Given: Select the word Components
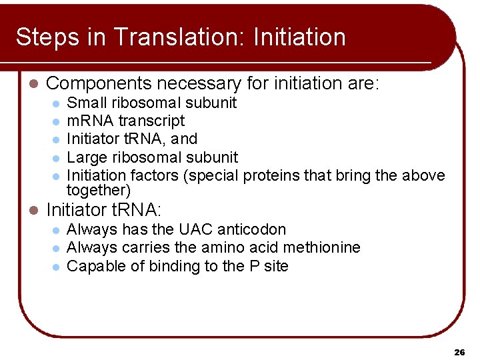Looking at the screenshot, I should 99,84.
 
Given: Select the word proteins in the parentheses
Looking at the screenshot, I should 273,175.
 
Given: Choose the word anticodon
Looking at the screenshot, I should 253,230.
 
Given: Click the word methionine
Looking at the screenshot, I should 322,248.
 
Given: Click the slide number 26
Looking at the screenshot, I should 459,351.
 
